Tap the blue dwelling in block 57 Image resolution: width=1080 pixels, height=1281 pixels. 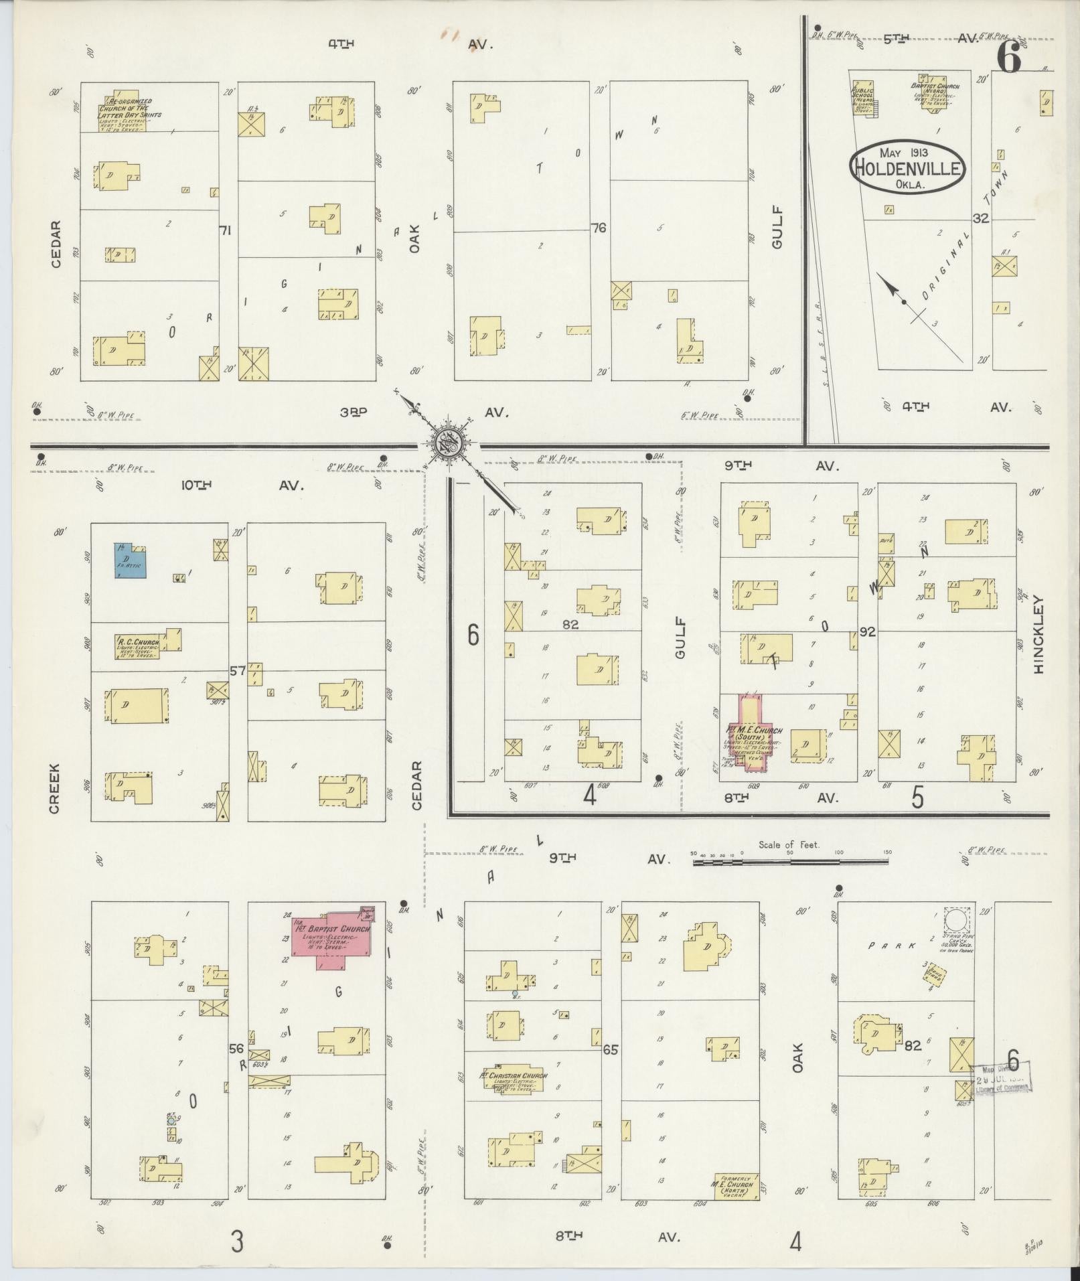(129, 560)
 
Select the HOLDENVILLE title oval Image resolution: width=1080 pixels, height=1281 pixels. (908, 167)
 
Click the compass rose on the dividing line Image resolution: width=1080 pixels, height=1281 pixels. (445, 444)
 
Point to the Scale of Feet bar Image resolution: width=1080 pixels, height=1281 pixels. (791, 861)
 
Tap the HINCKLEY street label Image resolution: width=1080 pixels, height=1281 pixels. (1038, 634)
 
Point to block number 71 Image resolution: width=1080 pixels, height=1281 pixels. (225, 230)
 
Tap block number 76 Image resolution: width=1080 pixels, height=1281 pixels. (599, 228)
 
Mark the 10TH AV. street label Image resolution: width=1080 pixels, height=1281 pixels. (242, 485)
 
